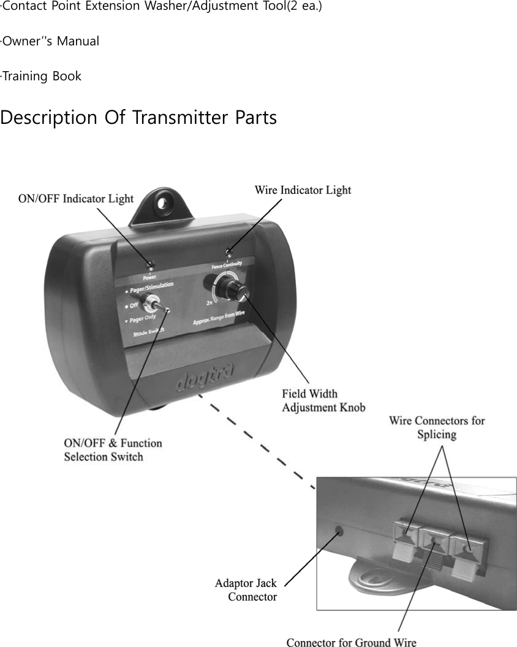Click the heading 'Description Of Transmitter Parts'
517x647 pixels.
[x=138, y=118]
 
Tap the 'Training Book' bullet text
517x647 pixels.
[x=41, y=77]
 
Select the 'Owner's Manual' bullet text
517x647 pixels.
[x=50, y=42]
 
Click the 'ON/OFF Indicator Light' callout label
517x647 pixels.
[x=76, y=199]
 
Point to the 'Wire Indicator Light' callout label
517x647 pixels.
[x=303, y=190]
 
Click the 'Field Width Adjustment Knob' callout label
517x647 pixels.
[x=323, y=400]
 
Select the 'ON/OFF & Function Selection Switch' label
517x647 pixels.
[x=113, y=450]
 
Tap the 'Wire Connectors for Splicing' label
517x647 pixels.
[x=437, y=427]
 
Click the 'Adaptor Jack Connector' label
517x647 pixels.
[x=246, y=589]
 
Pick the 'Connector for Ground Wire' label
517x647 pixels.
[x=351, y=642]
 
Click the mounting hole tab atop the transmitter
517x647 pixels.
[x=164, y=201]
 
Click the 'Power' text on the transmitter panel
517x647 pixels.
[x=149, y=277]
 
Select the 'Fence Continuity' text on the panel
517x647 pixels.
[x=226, y=264]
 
